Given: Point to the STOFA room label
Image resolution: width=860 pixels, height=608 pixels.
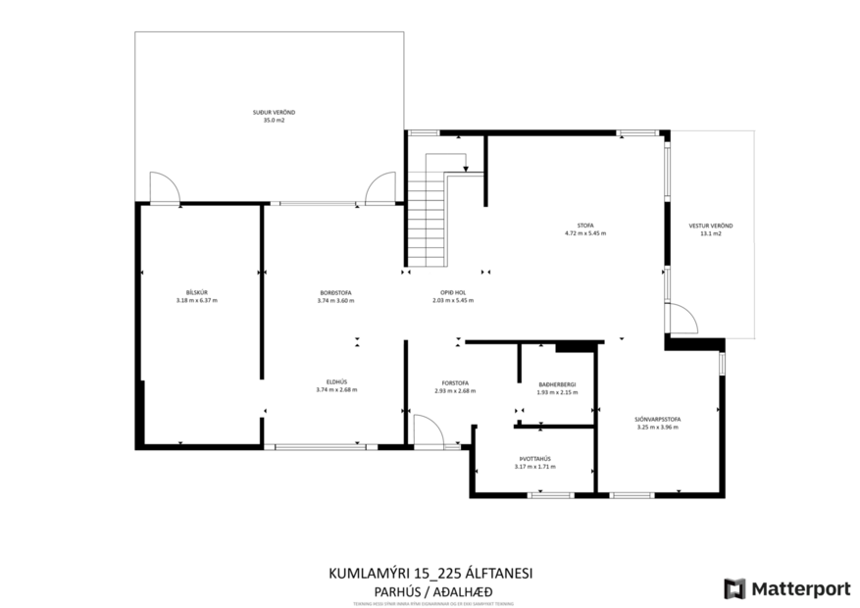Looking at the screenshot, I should point(585,226).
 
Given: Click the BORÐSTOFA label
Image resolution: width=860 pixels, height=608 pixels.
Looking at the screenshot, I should point(336,292).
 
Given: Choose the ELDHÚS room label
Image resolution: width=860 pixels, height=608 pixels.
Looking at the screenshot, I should point(336,381).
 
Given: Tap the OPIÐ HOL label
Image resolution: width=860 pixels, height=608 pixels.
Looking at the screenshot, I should point(452,292).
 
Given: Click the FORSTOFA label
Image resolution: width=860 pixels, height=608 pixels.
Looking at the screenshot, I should point(454,382).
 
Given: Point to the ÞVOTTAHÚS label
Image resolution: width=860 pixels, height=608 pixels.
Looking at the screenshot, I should point(535,458).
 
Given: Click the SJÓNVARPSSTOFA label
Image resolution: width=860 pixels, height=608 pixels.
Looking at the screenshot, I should point(658,419).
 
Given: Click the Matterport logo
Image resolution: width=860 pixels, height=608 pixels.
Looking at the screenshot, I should point(787,588).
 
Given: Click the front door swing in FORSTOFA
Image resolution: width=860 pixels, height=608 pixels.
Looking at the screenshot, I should point(427,431).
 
